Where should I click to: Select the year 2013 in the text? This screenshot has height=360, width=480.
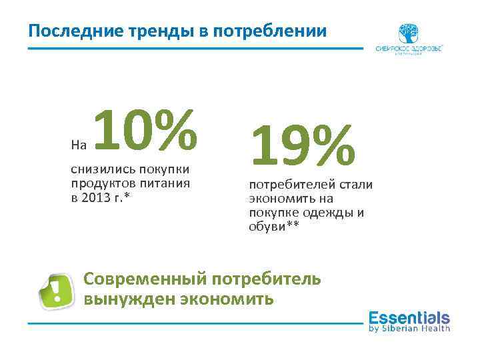101,197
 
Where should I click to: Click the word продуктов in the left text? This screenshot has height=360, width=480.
101,183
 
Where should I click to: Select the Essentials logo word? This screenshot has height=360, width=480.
409,317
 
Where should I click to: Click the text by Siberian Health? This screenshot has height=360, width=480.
409,328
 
